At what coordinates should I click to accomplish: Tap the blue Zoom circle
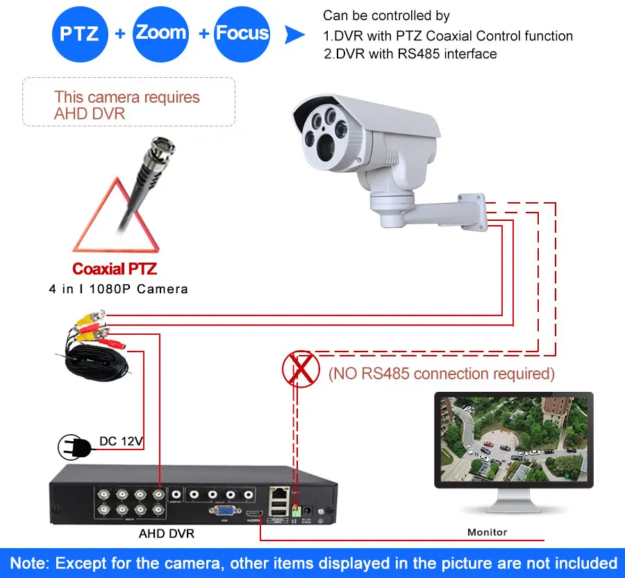tap(161, 33)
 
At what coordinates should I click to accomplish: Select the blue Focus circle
tap(242, 33)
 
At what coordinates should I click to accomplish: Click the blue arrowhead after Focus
tap(295, 35)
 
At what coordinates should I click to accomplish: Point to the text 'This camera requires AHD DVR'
tap(127, 105)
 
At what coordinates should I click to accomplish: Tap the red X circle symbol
tap(300, 369)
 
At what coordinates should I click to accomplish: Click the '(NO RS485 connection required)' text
tap(442, 374)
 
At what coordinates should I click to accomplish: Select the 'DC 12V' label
tap(122, 440)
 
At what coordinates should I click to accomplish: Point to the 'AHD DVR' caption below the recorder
tap(167, 534)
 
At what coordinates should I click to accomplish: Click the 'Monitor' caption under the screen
tap(487, 532)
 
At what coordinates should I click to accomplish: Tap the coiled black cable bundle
tap(97, 365)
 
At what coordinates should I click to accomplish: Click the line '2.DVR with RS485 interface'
tap(410, 53)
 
